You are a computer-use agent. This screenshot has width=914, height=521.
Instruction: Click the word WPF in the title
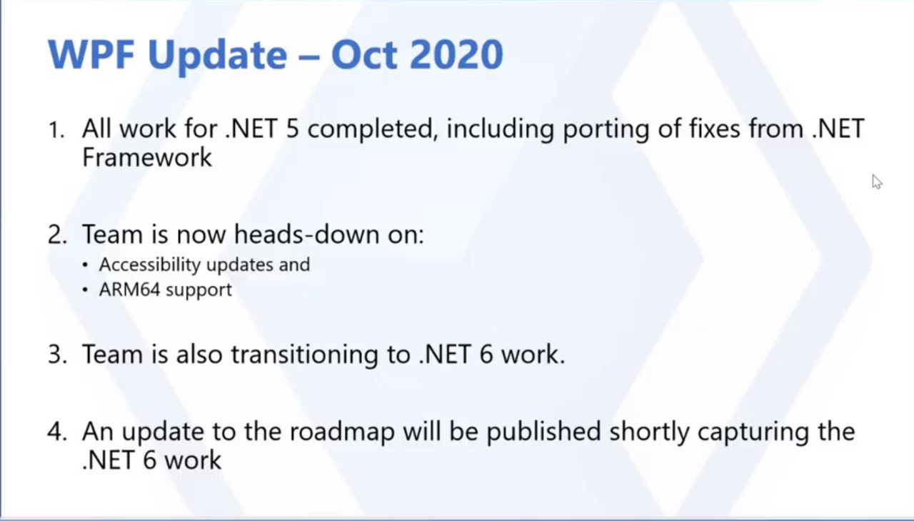pos(91,55)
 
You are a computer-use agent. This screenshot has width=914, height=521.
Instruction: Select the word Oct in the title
pos(364,55)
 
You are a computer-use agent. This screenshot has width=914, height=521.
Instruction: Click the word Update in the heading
pos(218,57)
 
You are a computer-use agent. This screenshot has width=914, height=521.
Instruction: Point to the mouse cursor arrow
pos(877,182)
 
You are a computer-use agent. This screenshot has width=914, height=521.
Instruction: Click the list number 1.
pos(56,131)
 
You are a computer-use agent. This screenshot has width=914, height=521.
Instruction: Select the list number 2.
pos(57,236)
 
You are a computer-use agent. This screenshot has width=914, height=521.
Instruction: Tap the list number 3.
pos(57,354)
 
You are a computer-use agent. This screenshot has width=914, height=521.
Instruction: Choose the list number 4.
pos(57,432)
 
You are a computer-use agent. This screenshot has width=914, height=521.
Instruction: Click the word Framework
pos(147,158)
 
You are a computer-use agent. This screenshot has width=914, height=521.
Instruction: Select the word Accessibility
pos(150,265)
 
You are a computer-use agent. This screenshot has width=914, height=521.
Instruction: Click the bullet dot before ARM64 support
pos(85,290)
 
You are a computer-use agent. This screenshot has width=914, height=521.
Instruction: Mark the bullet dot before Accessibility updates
pos(85,265)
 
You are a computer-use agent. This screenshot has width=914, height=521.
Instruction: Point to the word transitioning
pos(305,354)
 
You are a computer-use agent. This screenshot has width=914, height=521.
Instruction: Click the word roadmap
pos(342,432)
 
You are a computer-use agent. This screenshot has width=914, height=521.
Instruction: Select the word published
pos(543,432)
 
